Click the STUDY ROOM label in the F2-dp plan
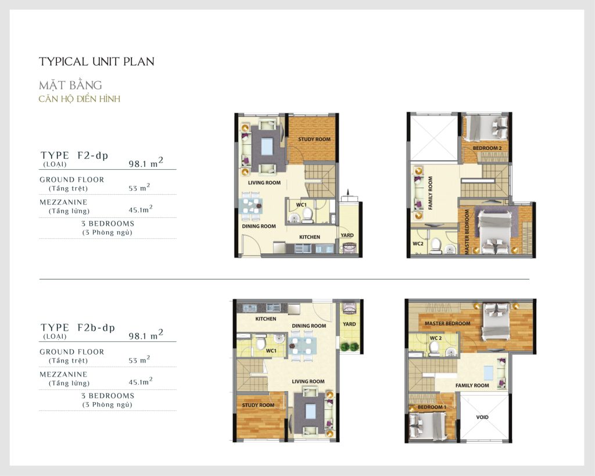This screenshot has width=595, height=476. point(314,139)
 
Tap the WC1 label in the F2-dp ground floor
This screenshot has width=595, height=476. point(302,205)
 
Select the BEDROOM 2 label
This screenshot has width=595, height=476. point(488,148)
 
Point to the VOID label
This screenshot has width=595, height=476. point(482,417)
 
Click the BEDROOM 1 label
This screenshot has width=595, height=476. point(432,407)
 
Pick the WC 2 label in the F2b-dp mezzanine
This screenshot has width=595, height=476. point(436,338)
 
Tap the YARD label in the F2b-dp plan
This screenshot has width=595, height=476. point(349,324)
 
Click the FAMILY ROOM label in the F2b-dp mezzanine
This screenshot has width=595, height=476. point(472,386)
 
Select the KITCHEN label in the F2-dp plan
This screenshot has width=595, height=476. point(310,237)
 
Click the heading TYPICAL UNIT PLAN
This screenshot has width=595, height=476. point(97,62)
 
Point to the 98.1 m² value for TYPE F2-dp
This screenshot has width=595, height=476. point(146,163)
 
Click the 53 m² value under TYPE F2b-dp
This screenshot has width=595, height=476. point(139,359)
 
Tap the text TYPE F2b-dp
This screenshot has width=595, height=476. point(78,328)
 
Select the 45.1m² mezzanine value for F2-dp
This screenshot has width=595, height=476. point(141,209)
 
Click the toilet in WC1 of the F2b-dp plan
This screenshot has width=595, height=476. point(261,343)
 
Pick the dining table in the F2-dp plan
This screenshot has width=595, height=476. point(251,207)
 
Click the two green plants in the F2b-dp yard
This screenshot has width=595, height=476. point(350,346)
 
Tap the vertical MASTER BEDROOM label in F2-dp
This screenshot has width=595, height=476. point(467,232)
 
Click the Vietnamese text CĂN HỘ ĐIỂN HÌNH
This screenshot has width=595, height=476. point(79,99)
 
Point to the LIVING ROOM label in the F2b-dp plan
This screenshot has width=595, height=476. point(308,381)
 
